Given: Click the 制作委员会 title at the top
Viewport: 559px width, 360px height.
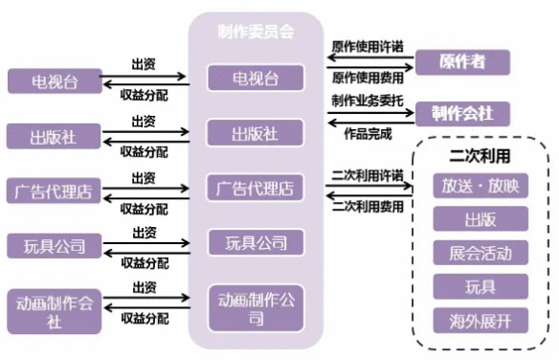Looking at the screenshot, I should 255,31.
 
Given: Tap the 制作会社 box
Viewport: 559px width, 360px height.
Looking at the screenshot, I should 461,114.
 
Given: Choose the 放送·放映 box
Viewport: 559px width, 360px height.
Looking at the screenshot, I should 480,186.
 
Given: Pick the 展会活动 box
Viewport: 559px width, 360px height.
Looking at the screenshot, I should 480,253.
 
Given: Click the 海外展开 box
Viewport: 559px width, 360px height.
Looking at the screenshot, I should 480,320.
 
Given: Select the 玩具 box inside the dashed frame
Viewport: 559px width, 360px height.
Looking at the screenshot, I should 480,286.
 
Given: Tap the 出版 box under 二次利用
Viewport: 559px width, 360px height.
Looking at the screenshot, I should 480,219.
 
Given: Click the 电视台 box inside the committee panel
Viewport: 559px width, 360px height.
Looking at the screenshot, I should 256,78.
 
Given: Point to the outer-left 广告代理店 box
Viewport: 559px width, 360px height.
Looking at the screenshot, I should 55,190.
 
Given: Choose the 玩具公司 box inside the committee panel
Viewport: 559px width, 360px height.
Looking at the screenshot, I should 256,242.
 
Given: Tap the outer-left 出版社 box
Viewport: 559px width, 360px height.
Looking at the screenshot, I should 55,135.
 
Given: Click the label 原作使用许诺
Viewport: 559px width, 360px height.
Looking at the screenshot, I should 367,47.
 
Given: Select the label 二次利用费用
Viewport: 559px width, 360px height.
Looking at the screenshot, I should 367,205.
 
